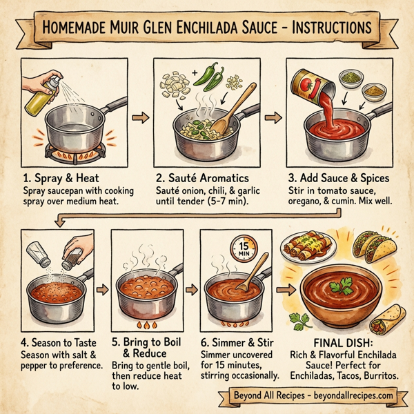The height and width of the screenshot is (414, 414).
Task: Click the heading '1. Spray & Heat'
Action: (x=66, y=177)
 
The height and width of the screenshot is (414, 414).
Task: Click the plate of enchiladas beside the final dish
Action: (x=306, y=248)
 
